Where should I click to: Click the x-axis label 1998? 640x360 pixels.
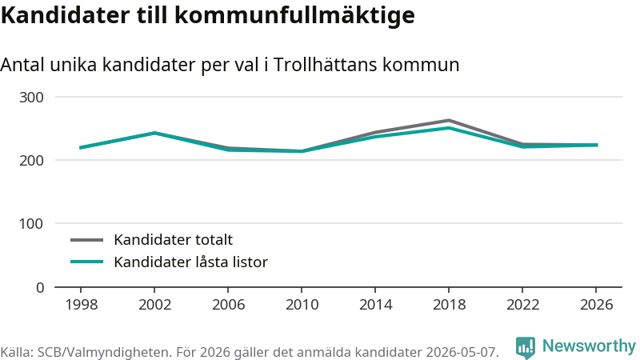pyautogui.click(x=82, y=305)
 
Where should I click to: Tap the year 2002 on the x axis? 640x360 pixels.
pyautogui.click(x=154, y=305)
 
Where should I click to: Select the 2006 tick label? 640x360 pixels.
pyautogui.click(x=228, y=305)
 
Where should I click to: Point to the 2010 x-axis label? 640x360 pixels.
pyautogui.click(x=302, y=305)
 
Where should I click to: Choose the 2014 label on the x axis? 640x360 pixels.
pyautogui.click(x=375, y=305)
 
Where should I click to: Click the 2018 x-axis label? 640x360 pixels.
pyautogui.click(x=449, y=305)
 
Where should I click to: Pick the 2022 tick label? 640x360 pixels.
pyautogui.click(x=523, y=305)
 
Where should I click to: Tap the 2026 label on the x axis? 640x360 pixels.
pyautogui.click(x=596, y=305)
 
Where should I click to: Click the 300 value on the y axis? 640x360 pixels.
pyautogui.click(x=31, y=98)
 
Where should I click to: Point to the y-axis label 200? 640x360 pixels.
pyautogui.click(x=31, y=161)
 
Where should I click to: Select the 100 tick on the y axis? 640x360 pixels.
pyautogui.click(x=31, y=224)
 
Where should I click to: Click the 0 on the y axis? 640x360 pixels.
pyautogui.click(x=40, y=288)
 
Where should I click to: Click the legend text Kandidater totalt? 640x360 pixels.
pyautogui.click(x=173, y=239)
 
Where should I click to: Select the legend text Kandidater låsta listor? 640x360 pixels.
pyautogui.click(x=190, y=262)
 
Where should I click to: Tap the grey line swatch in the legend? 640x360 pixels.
pyautogui.click(x=86, y=240)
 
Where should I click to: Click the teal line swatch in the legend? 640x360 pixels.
pyautogui.click(x=86, y=262)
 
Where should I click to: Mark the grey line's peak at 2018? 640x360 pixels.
pyautogui.click(x=449, y=121)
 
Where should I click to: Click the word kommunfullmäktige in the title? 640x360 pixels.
pyautogui.click(x=294, y=15)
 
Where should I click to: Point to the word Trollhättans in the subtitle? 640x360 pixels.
pyautogui.click(x=325, y=65)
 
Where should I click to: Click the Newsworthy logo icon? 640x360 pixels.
pyautogui.click(x=526, y=347)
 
